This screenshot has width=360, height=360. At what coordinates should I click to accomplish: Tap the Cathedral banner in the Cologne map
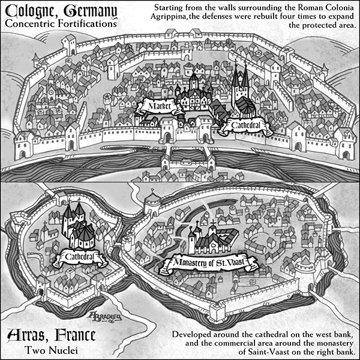[x=244, y=126]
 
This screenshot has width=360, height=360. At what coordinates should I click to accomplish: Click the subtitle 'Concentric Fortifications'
[x=59, y=25]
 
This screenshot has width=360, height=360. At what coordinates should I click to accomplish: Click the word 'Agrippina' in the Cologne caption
[x=175, y=18]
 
